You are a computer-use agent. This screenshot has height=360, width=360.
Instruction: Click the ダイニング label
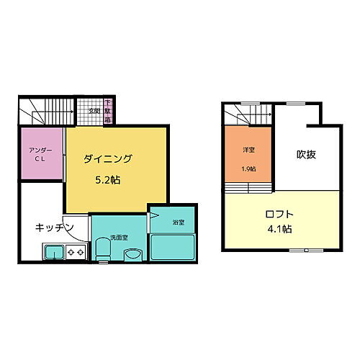click(107, 158)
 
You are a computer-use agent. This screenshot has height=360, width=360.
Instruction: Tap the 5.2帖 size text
click(107, 180)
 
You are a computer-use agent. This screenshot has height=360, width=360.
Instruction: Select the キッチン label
click(55, 228)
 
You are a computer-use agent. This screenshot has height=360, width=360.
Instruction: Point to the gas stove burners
click(76, 252)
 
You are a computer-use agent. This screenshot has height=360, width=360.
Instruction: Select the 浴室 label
click(178, 222)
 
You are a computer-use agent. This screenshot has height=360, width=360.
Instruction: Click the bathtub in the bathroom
click(173, 246)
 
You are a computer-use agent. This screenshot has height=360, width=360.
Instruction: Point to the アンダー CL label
click(40, 154)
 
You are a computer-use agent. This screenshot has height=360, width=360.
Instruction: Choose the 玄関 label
click(94, 112)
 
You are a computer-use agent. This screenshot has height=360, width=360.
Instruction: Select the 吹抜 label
click(306, 154)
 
